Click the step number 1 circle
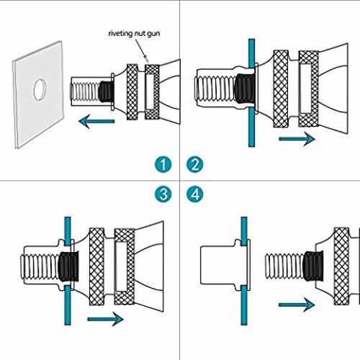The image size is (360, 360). tap(163, 165)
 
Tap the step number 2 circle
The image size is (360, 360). tap(195, 165)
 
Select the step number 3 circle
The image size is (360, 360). tap(163, 194)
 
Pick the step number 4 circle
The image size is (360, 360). tap(195, 194)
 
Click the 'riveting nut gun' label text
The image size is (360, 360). tap(134, 33)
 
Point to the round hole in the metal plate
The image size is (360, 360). tap(40, 89)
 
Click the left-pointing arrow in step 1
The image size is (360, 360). tap(96, 121)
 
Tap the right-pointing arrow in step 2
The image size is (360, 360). tap(297, 139)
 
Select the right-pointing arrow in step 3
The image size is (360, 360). tap(106, 319)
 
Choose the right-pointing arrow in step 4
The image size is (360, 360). tap(297, 305)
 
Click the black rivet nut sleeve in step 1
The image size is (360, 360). tap(106, 91)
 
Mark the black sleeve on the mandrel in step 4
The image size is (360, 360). tap(312, 266)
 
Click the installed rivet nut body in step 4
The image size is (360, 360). tap(225, 265)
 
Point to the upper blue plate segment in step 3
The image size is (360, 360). tap(68, 231)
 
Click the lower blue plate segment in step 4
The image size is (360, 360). tap(244, 305)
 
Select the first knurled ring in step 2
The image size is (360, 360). tap(281, 89)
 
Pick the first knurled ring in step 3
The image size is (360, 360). tap(96, 266)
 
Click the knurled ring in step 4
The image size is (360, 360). tap(341, 266)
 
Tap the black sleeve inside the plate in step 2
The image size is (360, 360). tap(245, 89)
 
